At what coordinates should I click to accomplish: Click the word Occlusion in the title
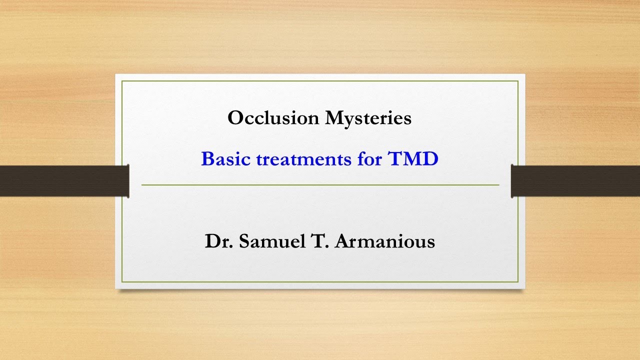click(273, 118)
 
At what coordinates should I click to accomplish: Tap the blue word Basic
click(226, 159)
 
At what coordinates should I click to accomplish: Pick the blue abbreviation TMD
click(413, 159)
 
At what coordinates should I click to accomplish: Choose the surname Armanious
click(384, 241)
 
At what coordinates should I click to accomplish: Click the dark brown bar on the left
click(64, 180)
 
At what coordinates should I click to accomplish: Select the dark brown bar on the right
click(575, 180)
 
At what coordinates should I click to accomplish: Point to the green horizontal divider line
click(320, 185)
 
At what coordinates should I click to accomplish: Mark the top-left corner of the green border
click(122, 81)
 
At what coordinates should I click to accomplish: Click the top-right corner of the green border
click(518, 81)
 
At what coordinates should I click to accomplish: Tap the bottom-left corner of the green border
click(122, 282)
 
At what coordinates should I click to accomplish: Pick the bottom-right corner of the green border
click(518, 282)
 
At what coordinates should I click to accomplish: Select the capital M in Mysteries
click(334, 118)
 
